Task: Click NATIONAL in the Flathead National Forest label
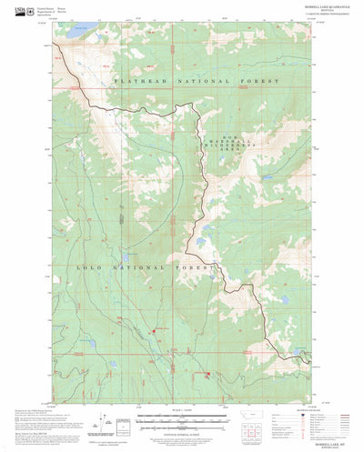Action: pyautogui.click(x=197, y=82)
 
